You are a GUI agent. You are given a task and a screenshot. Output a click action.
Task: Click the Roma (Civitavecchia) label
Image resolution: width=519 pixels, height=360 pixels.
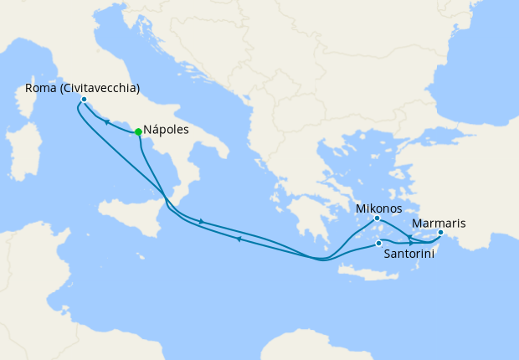coord(76,88)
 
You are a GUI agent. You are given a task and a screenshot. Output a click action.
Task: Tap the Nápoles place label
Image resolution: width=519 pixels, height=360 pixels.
coord(166,131)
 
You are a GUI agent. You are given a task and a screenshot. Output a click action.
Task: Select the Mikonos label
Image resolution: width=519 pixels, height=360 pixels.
coord(378,208)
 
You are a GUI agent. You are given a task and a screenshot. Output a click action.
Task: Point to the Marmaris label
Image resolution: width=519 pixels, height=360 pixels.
coord(439,224)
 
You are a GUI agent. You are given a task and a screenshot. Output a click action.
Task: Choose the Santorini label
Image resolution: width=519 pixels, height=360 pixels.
coord(408,254)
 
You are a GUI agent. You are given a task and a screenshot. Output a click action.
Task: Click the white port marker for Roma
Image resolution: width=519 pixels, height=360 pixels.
coord(84,100)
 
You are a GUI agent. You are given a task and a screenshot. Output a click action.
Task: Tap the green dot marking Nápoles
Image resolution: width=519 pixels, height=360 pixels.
coord(138,131)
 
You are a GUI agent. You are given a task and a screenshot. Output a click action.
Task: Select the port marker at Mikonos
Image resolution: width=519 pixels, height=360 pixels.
coord(377,219)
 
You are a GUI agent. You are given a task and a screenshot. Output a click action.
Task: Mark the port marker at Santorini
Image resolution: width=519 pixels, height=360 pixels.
coord(379,244)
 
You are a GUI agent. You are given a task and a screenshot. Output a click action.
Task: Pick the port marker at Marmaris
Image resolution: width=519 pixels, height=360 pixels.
coord(440,233)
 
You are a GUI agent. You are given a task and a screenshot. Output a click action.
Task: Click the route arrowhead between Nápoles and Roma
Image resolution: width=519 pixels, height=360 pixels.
coord(107,121)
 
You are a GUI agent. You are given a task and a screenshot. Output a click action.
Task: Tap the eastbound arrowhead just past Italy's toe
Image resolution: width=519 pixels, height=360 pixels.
coord(202,222)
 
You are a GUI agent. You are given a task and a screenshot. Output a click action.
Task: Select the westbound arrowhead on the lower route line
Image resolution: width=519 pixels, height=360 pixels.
coord(239,239)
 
